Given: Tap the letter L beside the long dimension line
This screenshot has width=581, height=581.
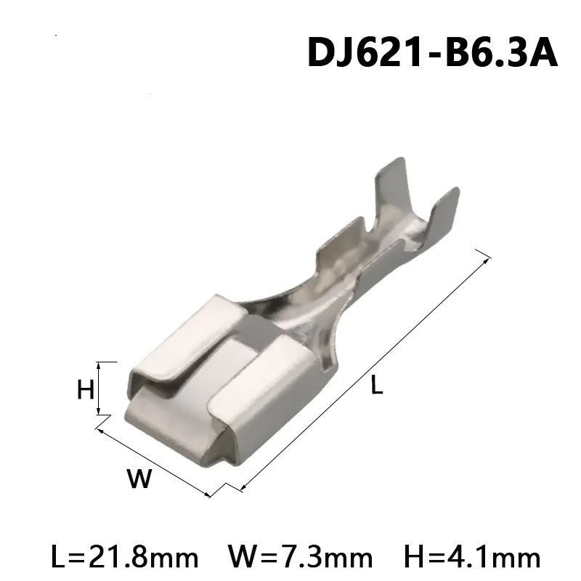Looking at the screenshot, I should [x=376, y=386].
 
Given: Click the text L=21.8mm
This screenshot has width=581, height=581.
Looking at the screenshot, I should [x=125, y=557].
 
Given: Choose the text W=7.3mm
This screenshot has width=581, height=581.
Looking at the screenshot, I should [x=300, y=557].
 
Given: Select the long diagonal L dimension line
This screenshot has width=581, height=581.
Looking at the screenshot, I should [x=363, y=370].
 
